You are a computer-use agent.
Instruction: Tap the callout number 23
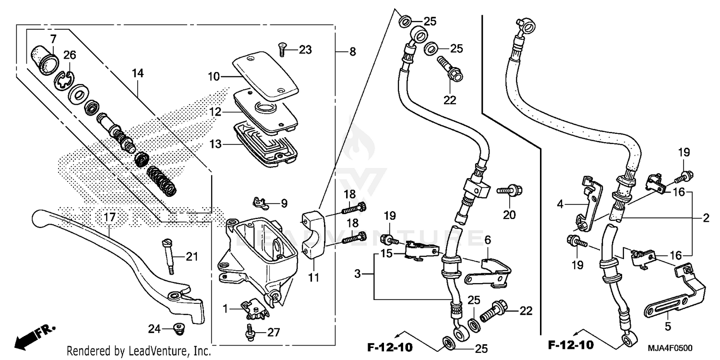tap(305, 49)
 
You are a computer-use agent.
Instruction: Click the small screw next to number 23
tap(282, 48)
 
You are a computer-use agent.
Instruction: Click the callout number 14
tap(138, 73)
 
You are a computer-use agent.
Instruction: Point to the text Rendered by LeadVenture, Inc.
tap(139, 351)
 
